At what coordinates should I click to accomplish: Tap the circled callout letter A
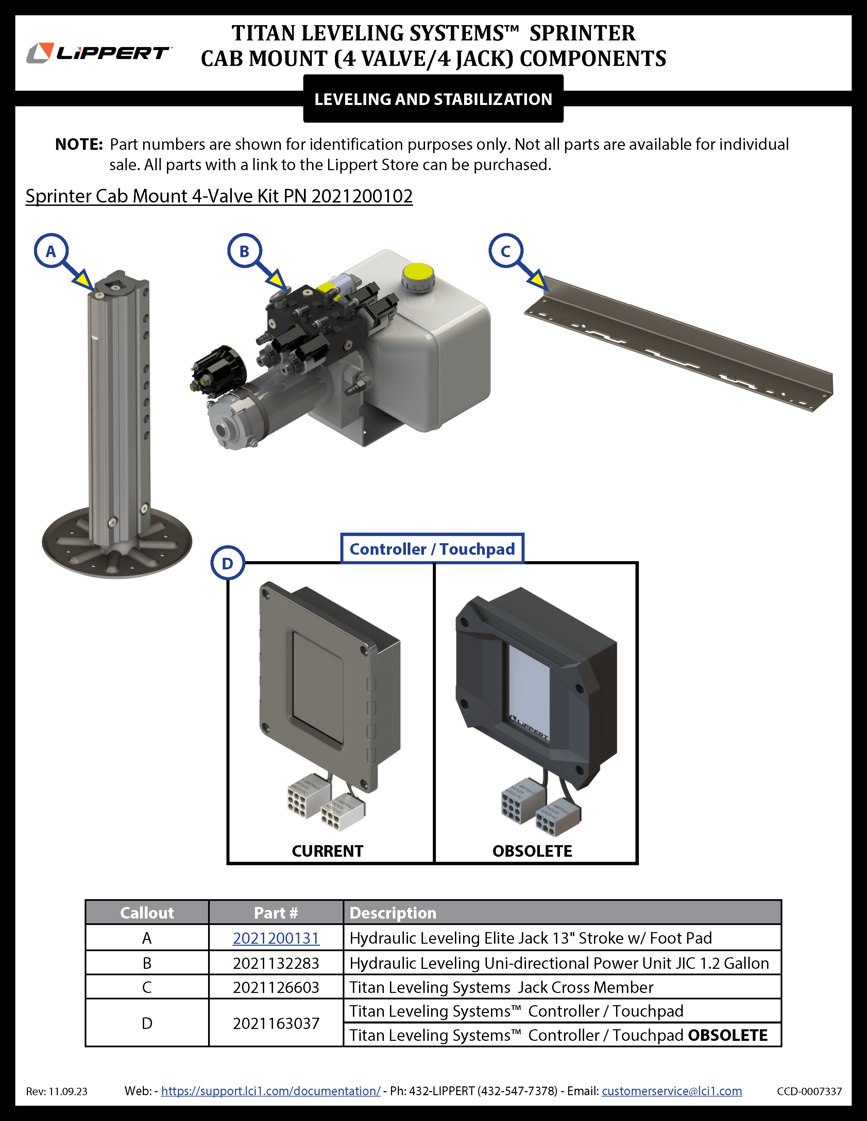(x=51, y=251)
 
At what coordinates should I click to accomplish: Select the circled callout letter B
(x=244, y=251)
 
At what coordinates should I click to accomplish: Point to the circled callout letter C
(x=505, y=251)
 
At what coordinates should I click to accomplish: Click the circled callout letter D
(x=227, y=563)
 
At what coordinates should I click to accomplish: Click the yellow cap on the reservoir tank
(x=418, y=273)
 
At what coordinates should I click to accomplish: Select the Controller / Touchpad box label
(x=432, y=549)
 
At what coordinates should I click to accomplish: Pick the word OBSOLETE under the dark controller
(x=532, y=851)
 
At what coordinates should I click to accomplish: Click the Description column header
(x=393, y=913)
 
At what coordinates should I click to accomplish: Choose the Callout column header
(x=147, y=913)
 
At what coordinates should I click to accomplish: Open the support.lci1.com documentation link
(x=271, y=1091)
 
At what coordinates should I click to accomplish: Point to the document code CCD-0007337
(x=809, y=1091)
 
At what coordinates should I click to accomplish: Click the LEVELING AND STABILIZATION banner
(x=433, y=99)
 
